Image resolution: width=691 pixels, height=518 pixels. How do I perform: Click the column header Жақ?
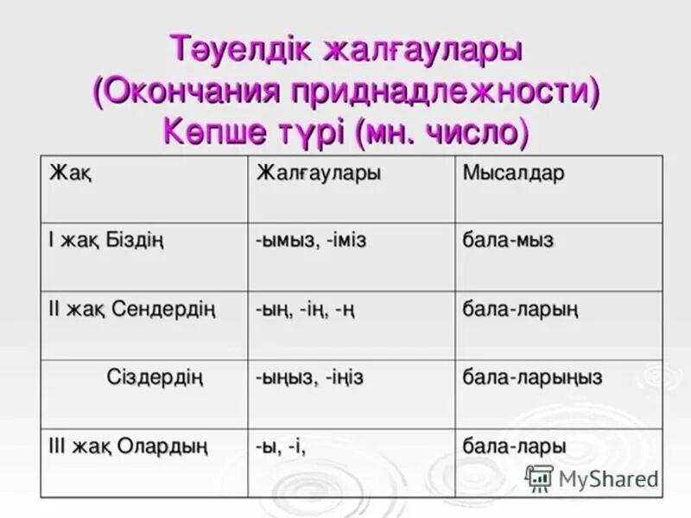click(x=71, y=174)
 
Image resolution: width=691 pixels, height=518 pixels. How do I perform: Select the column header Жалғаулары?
click(x=318, y=174)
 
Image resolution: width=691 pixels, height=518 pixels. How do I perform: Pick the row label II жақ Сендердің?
click(x=130, y=308)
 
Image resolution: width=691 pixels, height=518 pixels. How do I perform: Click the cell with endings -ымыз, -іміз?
click(x=311, y=241)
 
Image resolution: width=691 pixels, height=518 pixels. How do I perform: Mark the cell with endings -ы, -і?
click(x=281, y=446)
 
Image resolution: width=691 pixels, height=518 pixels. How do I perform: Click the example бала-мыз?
click(x=509, y=241)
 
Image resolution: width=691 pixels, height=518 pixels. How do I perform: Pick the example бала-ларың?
click(x=520, y=309)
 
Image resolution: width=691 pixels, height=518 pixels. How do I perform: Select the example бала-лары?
click(x=514, y=446)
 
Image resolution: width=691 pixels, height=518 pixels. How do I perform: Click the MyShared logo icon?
click(x=539, y=477)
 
